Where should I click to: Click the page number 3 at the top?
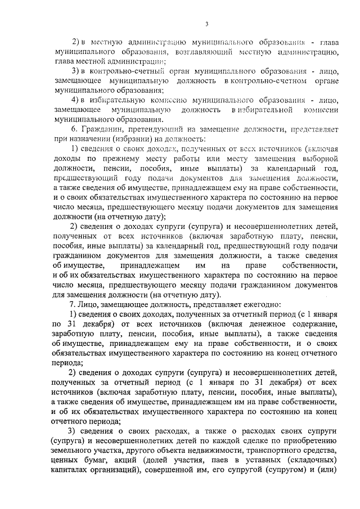click(x=206, y=24)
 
